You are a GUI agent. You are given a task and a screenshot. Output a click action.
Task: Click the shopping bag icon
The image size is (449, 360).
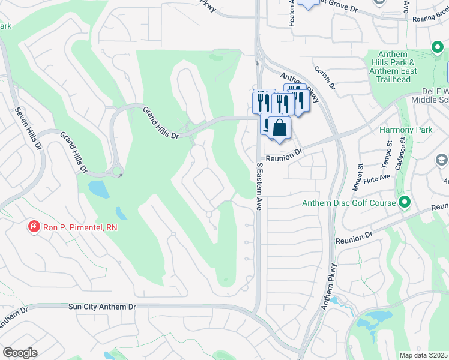tap(279, 128)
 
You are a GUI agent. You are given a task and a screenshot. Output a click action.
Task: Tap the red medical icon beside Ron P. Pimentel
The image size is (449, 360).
tap(34, 227)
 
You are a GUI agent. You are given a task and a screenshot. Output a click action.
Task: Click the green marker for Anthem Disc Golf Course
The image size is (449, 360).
tap(405, 203)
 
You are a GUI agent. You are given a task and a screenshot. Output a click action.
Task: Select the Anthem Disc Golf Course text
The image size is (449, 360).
tap(349, 203)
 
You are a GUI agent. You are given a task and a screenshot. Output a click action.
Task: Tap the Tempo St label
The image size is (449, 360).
tap(388, 149)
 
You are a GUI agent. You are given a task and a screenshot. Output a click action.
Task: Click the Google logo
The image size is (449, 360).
tap(20, 353)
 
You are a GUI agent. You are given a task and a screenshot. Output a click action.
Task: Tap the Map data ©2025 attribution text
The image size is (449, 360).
tap(423, 355)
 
